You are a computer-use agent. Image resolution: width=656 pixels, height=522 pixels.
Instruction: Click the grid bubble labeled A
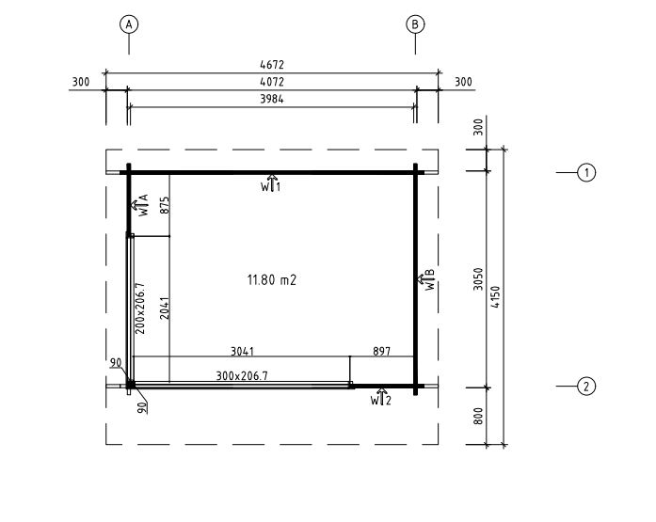[129, 24]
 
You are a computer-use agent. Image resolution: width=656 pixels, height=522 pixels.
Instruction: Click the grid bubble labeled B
[415, 24]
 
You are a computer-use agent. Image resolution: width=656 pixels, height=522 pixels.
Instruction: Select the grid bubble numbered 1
[586, 172]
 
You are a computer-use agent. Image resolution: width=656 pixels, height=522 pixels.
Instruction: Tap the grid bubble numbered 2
[586, 387]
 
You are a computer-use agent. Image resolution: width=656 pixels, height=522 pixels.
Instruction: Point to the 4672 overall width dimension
[272, 65]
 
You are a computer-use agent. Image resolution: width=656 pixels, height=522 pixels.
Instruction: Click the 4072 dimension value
[272, 82]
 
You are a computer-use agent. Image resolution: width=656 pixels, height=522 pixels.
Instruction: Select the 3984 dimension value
[272, 99]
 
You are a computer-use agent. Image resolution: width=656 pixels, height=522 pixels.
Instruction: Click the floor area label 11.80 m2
[272, 279]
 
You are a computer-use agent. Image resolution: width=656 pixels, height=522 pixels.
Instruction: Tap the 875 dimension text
[165, 205]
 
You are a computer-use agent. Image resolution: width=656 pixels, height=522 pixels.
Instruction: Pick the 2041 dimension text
[165, 308]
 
